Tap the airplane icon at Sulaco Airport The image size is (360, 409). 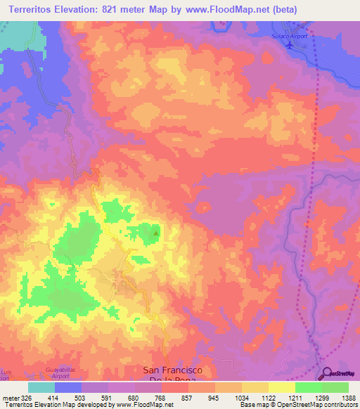coord(290,44)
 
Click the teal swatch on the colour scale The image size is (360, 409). coord(41,387)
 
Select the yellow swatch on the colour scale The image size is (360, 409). coord(282,387)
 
